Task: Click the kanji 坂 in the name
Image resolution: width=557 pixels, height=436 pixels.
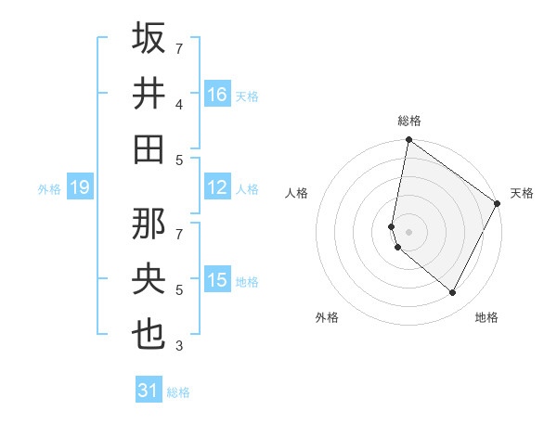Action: coord(149,38)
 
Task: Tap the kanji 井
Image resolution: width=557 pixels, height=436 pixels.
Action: coord(149,95)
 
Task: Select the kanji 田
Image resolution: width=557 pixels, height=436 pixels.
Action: coord(149,149)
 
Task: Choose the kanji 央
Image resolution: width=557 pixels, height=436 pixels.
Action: coord(149,280)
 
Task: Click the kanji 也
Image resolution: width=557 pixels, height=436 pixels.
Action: coord(149,335)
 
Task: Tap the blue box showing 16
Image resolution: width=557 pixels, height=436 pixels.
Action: coord(217,95)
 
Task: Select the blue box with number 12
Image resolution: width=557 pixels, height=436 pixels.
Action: coord(217,187)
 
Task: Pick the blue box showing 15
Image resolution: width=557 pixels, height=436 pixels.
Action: coord(217,280)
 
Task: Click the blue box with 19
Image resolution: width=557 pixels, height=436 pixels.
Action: coord(79,188)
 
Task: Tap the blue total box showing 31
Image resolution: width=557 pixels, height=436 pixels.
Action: coord(149,391)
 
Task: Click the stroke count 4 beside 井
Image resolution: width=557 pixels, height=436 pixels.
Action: coord(179,104)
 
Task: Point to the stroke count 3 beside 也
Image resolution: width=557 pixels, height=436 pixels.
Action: coord(179,346)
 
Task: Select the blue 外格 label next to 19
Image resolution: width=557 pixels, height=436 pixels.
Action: coord(49,189)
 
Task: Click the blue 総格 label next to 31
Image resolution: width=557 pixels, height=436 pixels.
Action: coord(178,392)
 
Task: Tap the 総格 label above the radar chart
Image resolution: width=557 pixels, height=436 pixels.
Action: coord(409,121)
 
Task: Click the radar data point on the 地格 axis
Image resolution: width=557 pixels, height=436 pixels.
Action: coord(453,293)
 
